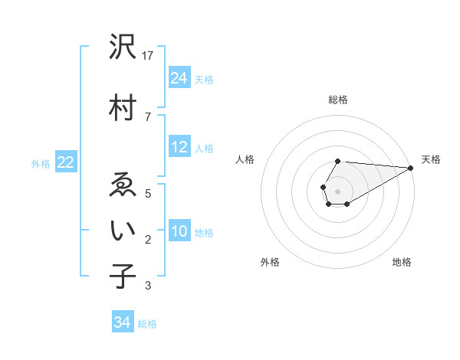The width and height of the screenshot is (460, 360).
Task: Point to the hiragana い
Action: point(123,231)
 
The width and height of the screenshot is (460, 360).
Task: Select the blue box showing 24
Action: point(179,78)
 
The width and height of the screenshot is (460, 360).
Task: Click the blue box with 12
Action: point(179,147)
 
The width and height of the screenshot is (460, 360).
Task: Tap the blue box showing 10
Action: point(179,231)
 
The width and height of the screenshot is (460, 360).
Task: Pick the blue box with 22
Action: point(66,162)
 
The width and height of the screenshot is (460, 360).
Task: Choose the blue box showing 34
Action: point(122,323)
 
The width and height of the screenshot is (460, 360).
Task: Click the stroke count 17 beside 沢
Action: point(149,55)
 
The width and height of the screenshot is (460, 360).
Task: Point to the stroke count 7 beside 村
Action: point(147,116)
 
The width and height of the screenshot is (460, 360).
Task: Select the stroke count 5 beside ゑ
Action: point(147,193)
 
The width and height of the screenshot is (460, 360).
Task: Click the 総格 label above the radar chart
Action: point(338,100)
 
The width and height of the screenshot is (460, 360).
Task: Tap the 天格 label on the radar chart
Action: point(432,159)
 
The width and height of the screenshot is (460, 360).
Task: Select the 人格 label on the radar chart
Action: point(245,159)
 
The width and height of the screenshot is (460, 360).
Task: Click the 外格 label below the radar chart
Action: point(270,262)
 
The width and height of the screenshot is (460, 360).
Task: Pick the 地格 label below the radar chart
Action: point(402,262)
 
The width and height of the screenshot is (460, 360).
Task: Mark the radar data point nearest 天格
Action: point(411,167)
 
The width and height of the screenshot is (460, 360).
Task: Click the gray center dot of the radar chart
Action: point(338,190)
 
